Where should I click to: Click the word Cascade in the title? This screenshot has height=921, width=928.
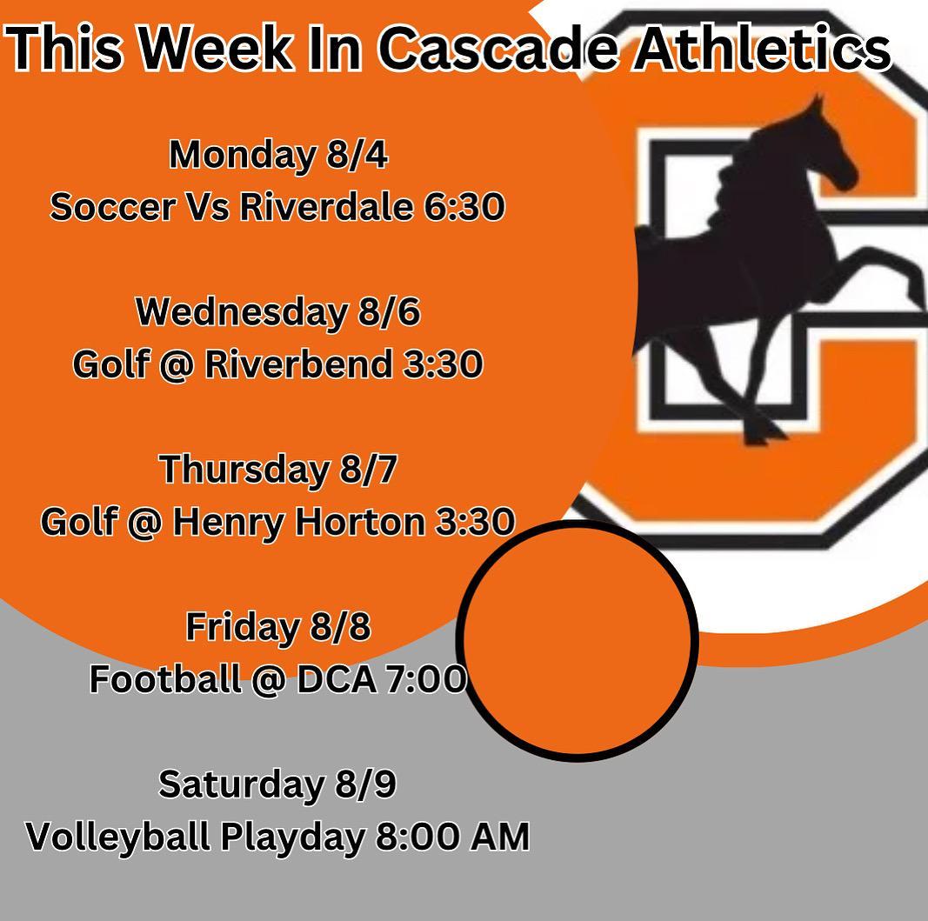click(x=498, y=48)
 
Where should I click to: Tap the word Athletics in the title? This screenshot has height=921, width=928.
click(x=762, y=48)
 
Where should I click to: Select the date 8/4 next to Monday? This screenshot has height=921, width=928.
click(x=357, y=155)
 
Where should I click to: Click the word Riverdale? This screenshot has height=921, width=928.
click(x=326, y=207)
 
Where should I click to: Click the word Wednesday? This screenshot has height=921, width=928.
click(x=242, y=312)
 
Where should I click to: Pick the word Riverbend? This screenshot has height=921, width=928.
click(x=297, y=364)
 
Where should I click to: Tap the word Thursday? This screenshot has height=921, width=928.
click(x=244, y=470)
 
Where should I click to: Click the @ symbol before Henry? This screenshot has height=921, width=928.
click(x=144, y=523)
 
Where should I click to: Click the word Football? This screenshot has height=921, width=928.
click(x=165, y=678)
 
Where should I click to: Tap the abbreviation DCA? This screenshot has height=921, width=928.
click(x=336, y=679)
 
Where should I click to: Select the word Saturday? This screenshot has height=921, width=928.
click(x=242, y=784)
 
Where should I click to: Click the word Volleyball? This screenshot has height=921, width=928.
click(x=117, y=837)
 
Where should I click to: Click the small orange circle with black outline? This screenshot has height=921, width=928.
click(x=577, y=640)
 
